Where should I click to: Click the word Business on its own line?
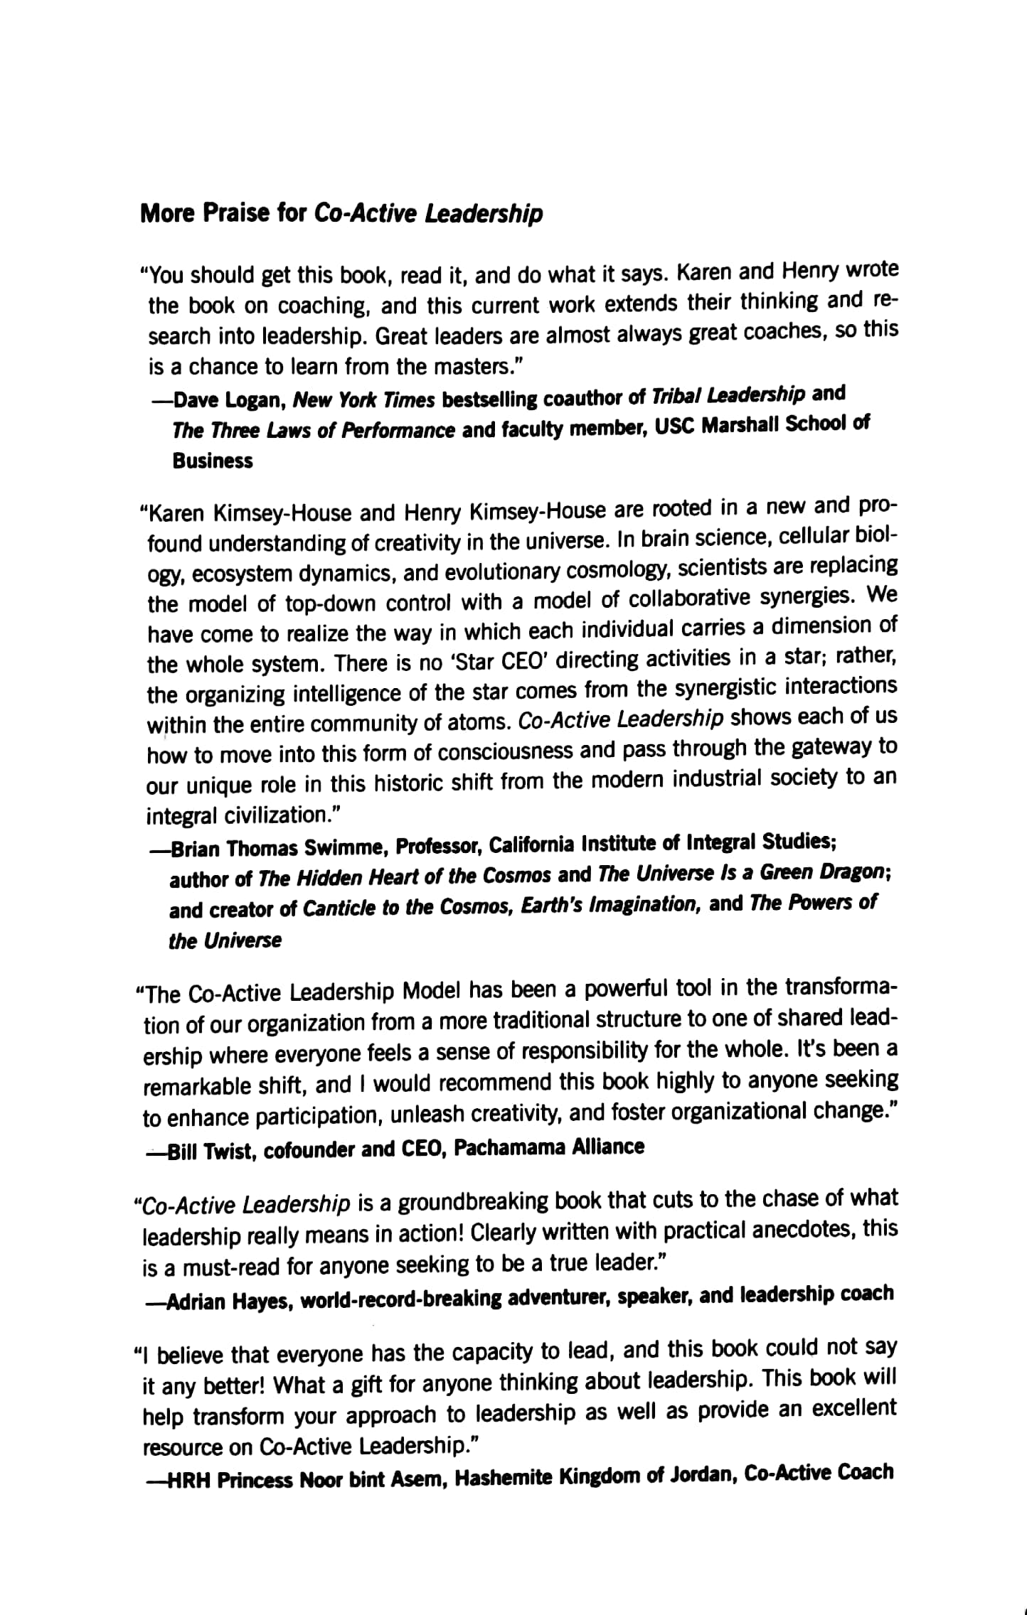[x=212, y=461]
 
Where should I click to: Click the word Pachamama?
[x=512, y=1147]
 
